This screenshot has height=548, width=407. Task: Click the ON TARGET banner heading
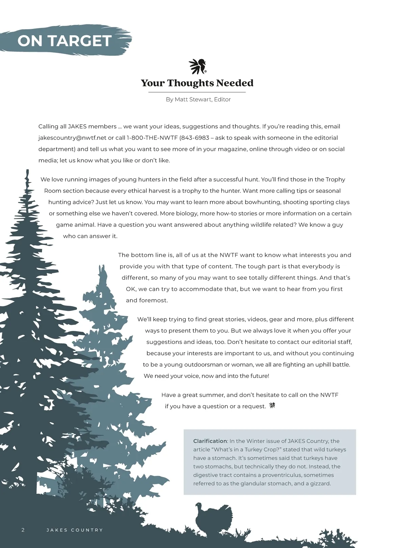64,41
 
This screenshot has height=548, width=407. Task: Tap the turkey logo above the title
197,66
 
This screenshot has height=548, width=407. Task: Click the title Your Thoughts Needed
197,83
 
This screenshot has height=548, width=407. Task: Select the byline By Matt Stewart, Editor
198,100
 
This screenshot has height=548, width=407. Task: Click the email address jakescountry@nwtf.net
72,138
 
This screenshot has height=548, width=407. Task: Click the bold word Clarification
210,441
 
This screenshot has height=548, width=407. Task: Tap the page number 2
23,530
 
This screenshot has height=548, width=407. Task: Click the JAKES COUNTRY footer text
75,530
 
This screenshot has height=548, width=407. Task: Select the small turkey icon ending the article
272,405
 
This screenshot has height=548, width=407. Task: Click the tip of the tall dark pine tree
27,172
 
